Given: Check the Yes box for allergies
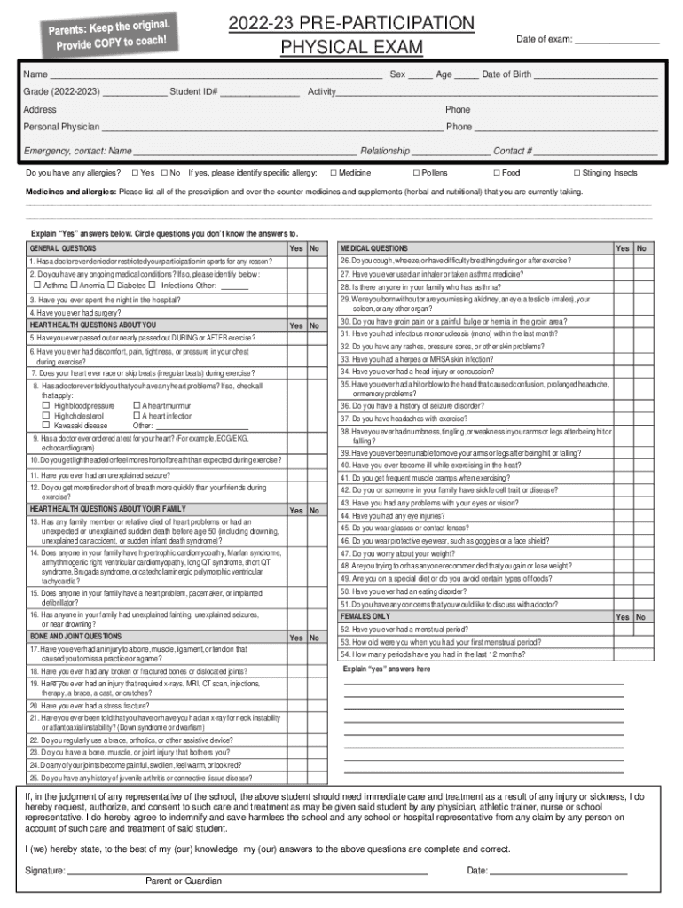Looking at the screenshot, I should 135,173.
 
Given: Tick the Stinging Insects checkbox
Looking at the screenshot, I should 577,173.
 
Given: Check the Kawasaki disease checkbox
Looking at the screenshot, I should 47,426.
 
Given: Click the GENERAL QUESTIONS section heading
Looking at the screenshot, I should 63,248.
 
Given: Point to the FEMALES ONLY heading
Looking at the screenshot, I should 365,616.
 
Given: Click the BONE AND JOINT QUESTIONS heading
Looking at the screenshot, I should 75,637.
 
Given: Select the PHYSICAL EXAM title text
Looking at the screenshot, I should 351,46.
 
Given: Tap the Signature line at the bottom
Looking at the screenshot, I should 248,871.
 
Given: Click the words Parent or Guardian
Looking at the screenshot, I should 184,881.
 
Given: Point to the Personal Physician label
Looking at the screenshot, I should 61,127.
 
